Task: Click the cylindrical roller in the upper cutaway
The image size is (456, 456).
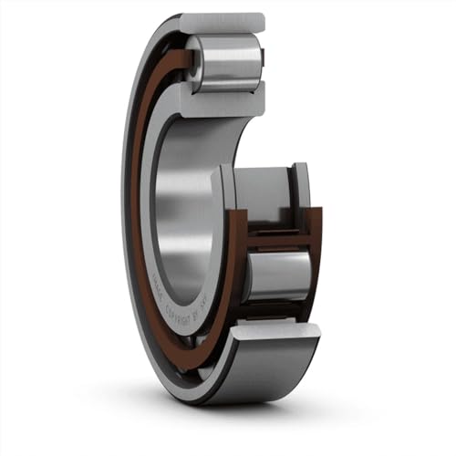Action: pos(229,63)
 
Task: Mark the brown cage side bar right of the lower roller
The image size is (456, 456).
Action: pos(315,264)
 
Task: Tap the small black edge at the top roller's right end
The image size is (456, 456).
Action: pos(262,60)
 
